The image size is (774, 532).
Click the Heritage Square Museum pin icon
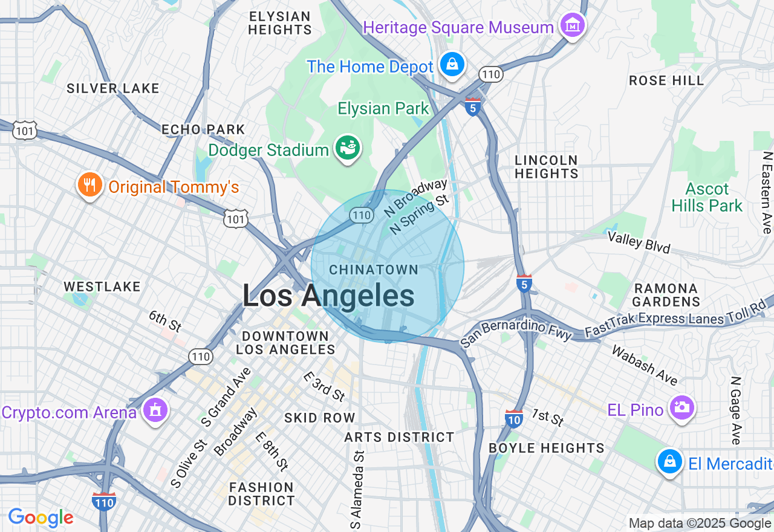572,26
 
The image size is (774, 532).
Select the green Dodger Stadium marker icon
349,148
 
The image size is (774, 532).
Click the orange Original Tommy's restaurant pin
89,186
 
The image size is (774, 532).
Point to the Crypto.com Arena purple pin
155,411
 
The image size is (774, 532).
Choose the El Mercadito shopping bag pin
669,462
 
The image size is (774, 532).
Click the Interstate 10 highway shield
513,418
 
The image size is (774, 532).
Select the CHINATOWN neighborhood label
374,270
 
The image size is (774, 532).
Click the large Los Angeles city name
328,296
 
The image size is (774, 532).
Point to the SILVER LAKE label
113,88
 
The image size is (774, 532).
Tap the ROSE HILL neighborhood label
666,80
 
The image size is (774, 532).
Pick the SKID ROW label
320,418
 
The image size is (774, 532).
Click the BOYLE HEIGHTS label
546,448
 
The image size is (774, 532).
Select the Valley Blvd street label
639,242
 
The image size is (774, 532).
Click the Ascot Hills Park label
707,197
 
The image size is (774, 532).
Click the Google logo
41,517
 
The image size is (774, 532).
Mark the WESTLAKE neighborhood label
102,287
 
